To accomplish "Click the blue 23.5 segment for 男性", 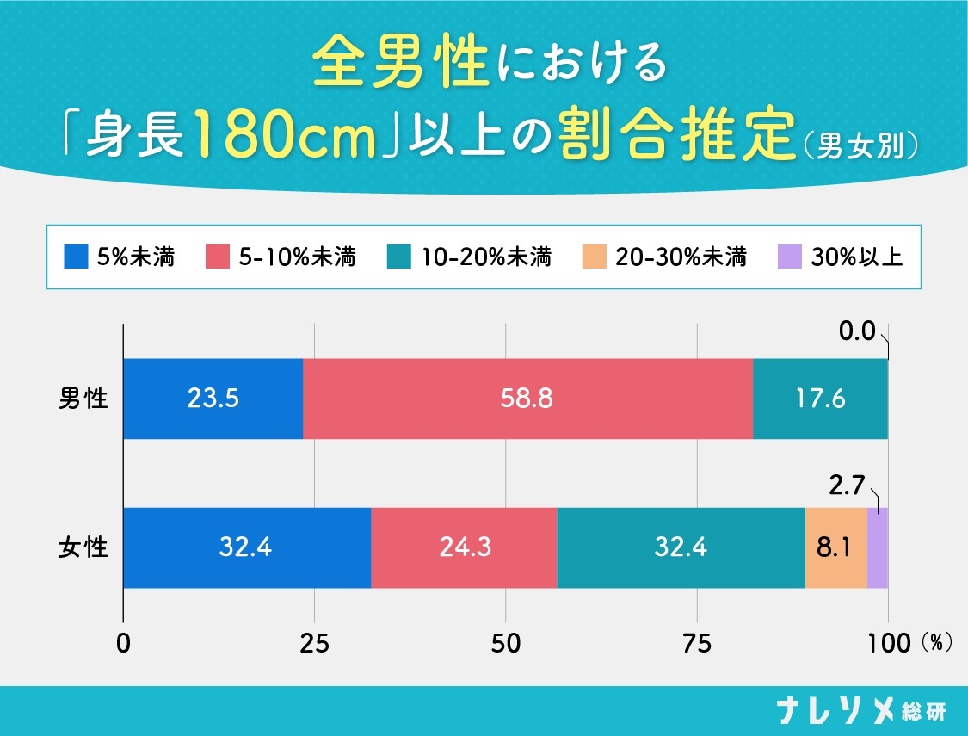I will pyautogui.click(x=213, y=399).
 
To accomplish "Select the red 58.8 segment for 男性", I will pyautogui.click(x=527, y=399).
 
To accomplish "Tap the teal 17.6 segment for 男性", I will pyautogui.click(x=820, y=399).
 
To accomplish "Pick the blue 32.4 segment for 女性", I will pyautogui.click(x=247, y=547).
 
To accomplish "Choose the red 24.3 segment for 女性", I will pyautogui.click(x=464, y=547).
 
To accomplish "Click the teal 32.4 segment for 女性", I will pyautogui.click(x=681, y=547).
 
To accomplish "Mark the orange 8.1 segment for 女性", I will pyautogui.click(x=835, y=547).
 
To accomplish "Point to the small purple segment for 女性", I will pyautogui.click(x=877, y=547).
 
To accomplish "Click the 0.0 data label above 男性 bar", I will pyautogui.click(x=855, y=331).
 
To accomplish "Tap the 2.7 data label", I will pyautogui.click(x=848, y=486).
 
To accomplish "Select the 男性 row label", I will pyautogui.click(x=83, y=399).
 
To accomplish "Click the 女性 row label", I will pyautogui.click(x=83, y=547).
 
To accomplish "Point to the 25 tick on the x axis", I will pyautogui.click(x=315, y=643).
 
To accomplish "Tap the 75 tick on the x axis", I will pyautogui.click(x=696, y=643).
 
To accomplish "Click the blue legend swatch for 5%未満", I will pyautogui.click(x=77, y=257).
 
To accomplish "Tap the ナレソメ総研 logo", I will pyautogui.click(x=861, y=711).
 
